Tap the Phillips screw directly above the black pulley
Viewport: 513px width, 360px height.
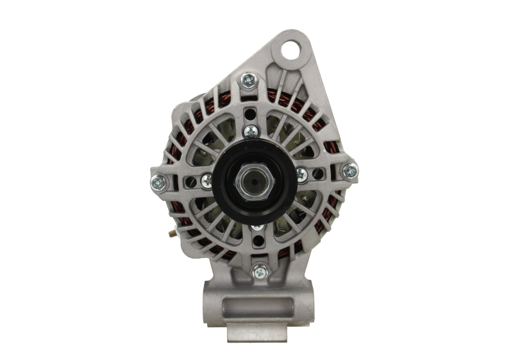pyautogui.click(x=250, y=132)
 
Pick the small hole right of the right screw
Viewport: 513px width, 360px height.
pyautogui.click(x=319, y=169)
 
